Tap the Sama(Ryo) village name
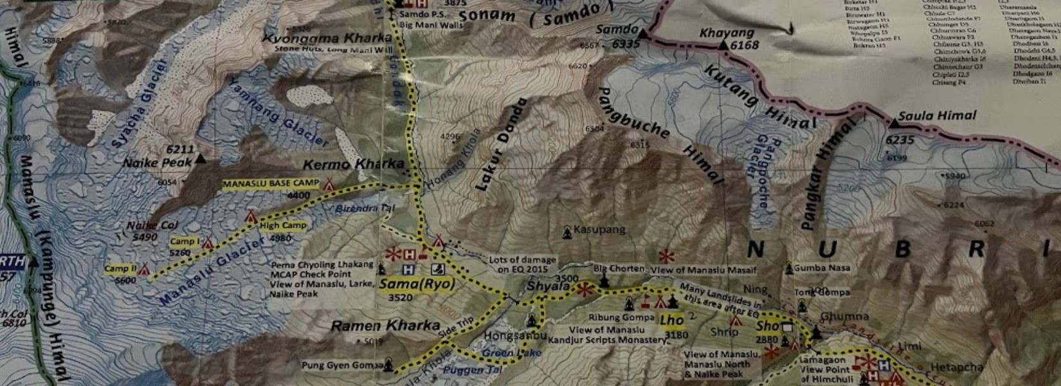[x=417, y=284]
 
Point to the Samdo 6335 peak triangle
[x=642, y=30]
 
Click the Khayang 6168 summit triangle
[x=723, y=45]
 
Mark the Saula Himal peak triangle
[x=894, y=122]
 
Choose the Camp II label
[x=120, y=268]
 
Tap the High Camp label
[x=283, y=226]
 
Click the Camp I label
[x=184, y=242]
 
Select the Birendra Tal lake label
[x=363, y=209]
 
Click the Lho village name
[x=672, y=320]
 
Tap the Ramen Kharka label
[x=385, y=326]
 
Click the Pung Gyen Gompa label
[x=343, y=365]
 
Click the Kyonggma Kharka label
[x=327, y=39]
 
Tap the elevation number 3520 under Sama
[x=401, y=297]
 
